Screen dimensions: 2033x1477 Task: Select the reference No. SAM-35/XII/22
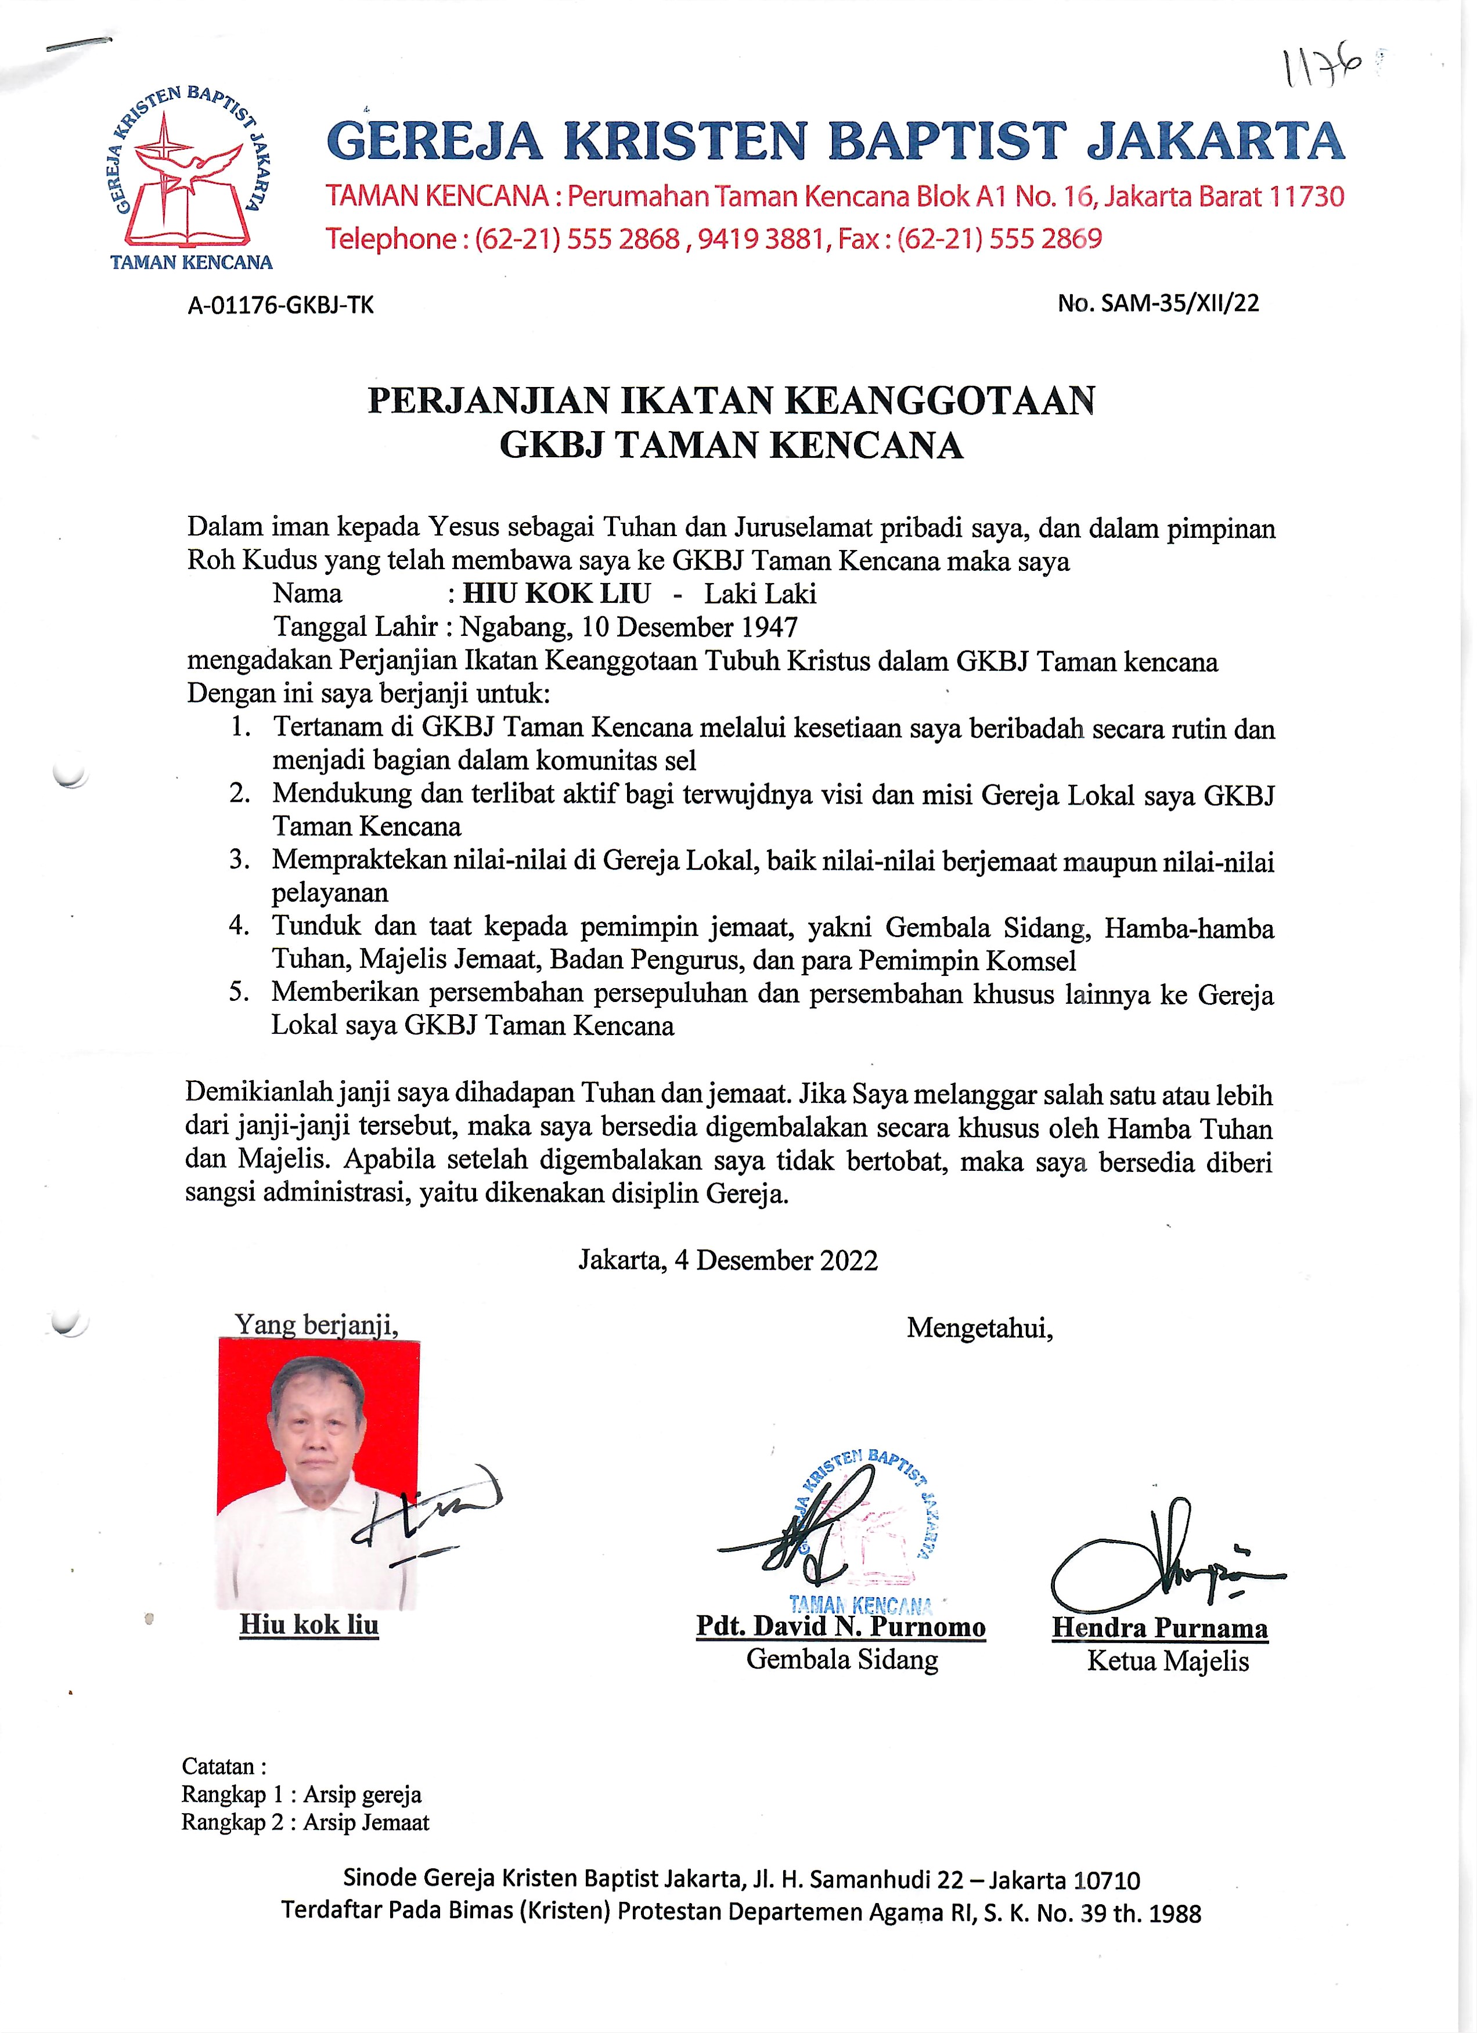point(1158,303)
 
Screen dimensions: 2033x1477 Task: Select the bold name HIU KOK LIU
point(556,594)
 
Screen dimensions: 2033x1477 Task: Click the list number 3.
point(239,860)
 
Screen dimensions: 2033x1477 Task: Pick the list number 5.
point(239,992)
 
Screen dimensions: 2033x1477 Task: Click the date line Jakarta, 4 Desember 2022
point(727,1260)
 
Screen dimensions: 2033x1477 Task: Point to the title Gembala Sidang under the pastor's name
point(841,1659)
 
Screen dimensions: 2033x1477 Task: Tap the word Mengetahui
point(979,1327)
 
